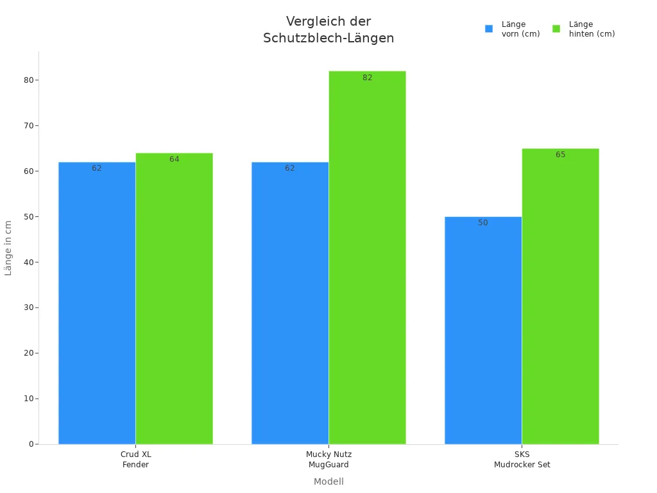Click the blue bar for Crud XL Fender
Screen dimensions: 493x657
click(x=97, y=303)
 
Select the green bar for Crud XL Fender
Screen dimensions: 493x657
click(x=174, y=298)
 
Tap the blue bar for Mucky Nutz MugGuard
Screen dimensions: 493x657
click(x=290, y=303)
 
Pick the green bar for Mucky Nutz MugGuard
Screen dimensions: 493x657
click(x=367, y=257)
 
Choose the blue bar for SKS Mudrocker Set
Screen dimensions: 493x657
click(x=483, y=331)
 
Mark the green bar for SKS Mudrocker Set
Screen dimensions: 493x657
click(x=560, y=297)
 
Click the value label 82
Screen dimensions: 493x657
click(x=367, y=78)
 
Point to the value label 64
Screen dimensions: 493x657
click(x=174, y=159)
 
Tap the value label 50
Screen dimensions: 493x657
click(x=483, y=223)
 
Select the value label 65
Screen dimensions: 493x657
click(x=560, y=155)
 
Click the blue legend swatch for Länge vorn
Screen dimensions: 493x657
click(x=489, y=29)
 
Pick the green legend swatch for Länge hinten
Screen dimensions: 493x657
click(x=556, y=29)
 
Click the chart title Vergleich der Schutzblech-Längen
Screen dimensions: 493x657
click(x=328, y=30)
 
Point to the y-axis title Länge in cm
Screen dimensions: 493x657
click(x=8, y=248)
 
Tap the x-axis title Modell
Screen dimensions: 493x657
click(x=328, y=481)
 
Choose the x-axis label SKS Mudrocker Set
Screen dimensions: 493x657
click(x=522, y=460)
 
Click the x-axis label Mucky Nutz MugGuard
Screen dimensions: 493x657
click(x=328, y=460)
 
